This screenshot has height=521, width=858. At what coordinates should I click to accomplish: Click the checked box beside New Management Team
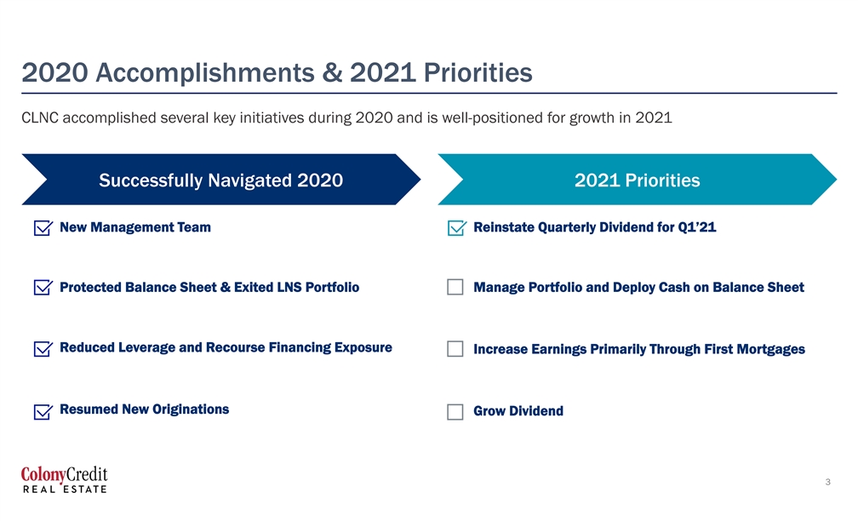tap(43, 227)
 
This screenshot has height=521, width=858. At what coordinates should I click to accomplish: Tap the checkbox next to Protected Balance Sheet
tap(43, 288)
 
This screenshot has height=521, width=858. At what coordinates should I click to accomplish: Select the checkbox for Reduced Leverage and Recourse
tap(43, 349)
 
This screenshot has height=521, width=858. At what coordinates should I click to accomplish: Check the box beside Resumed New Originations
tap(43, 411)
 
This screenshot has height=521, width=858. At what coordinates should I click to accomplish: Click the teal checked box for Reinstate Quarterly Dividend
tap(457, 227)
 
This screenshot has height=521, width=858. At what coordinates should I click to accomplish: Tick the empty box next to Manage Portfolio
tap(455, 288)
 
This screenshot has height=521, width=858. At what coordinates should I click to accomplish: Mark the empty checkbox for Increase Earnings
tap(455, 349)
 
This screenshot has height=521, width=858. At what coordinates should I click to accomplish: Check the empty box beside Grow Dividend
tap(455, 412)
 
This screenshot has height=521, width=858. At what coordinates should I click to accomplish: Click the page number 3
tap(828, 482)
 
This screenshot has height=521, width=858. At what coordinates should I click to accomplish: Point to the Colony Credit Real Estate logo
tap(65, 479)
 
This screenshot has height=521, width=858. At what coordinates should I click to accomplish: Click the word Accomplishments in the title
tap(204, 73)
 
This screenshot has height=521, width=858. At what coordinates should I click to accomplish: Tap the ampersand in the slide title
tap(332, 73)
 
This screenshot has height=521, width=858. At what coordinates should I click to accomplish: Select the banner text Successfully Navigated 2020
tap(221, 180)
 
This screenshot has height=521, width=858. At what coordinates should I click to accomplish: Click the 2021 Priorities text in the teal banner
tap(638, 180)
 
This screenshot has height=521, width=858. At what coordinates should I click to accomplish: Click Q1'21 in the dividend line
tap(697, 227)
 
